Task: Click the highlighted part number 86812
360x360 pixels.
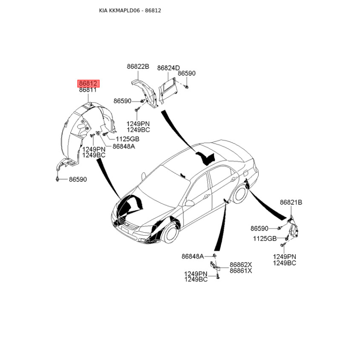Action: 88,83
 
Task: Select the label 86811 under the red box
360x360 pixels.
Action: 88,90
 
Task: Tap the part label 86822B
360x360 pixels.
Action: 138,67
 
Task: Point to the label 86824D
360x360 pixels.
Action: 168,68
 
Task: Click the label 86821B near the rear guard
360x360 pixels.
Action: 291,202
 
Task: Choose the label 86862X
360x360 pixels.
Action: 241,265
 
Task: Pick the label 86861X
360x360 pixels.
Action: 241,271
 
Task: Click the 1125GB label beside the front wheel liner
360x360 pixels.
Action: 127,139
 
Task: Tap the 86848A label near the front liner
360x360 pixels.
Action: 124,147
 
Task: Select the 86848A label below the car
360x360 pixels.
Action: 193,256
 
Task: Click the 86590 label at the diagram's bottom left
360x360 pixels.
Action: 78,180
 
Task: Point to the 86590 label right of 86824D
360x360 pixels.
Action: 187,73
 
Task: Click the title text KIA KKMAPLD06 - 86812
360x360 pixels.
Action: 130,10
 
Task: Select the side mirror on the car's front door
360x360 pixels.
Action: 189,203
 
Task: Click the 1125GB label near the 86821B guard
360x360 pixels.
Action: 265,239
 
